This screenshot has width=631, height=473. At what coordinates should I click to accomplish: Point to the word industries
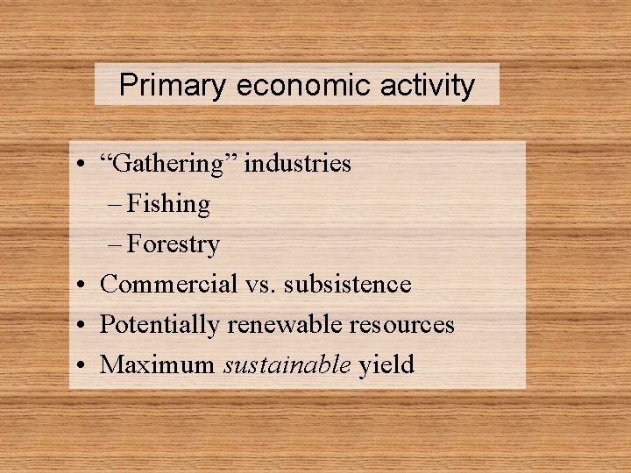point(298,164)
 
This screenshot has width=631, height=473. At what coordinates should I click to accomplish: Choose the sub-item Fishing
point(168,204)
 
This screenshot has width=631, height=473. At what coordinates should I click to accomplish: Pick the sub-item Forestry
point(173,244)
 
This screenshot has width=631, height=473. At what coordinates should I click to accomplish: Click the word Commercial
point(168,284)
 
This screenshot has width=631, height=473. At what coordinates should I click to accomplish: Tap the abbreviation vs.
point(263,284)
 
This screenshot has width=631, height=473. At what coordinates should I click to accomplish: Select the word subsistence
point(350,284)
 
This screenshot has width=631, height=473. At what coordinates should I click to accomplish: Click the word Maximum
point(157,364)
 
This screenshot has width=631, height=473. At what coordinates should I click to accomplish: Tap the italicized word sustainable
point(287,364)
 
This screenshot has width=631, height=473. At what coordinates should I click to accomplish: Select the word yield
point(386,364)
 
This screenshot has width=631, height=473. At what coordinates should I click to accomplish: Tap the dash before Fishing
point(118,205)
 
